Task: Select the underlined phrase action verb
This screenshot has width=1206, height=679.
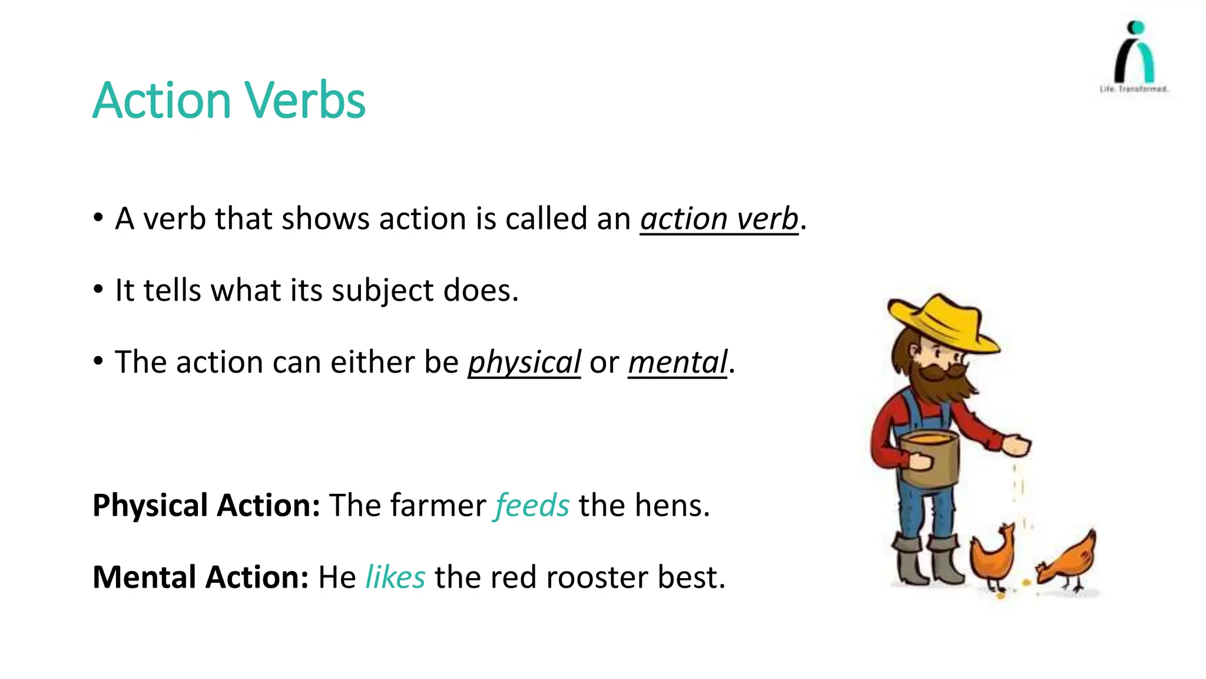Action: (x=719, y=219)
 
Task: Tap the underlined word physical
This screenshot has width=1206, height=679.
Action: (x=524, y=362)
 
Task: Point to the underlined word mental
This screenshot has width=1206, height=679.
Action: (x=677, y=362)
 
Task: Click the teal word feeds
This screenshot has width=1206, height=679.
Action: (x=532, y=506)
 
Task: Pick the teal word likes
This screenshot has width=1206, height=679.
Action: (x=395, y=577)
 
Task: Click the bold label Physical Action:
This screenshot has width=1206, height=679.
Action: (x=206, y=506)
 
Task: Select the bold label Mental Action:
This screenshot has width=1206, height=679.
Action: (x=200, y=577)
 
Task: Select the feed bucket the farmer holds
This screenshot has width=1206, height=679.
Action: (x=930, y=457)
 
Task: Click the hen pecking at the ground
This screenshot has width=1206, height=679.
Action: (x=1069, y=560)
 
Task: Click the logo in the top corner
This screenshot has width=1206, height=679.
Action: (x=1134, y=56)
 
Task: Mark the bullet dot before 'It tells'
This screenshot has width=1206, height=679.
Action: (x=98, y=289)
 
